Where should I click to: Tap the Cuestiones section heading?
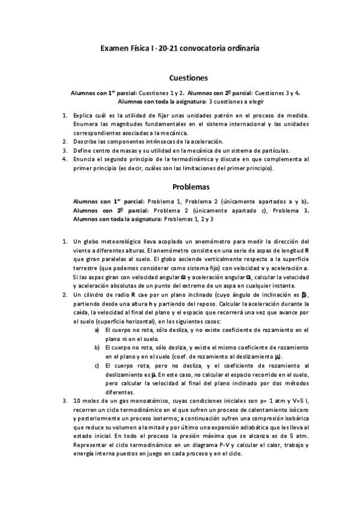pyautogui.click(x=188, y=78)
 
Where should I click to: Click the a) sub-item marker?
pyautogui.click(x=98, y=330)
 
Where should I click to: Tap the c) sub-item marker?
pyautogui.click(x=98, y=365)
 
